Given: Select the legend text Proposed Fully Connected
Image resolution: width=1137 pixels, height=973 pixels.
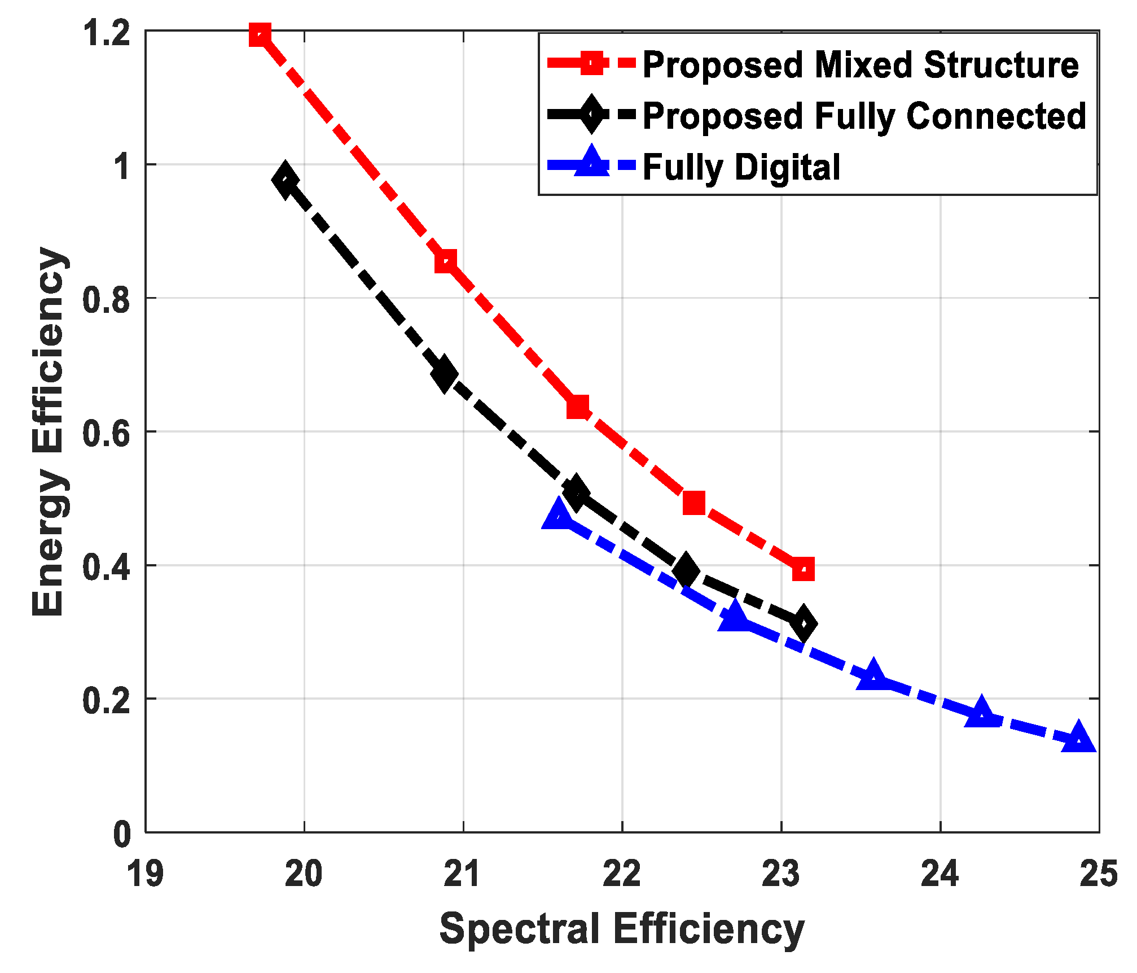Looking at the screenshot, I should click(864, 116).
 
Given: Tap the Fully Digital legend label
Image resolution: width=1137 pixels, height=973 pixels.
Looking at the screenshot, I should click(741, 167).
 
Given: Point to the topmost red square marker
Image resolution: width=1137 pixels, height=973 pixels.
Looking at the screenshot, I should click(260, 35).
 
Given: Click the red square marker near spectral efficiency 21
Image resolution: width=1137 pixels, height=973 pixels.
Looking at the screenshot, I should click(446, 261).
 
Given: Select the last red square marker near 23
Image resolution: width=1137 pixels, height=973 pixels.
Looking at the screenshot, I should click(803, 569).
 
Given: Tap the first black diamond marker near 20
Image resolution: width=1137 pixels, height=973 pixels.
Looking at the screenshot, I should click(286, 180).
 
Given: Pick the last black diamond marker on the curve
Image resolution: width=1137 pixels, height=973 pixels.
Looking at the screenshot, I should click(803, 623).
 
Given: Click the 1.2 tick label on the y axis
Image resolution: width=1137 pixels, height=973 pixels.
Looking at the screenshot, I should click(106, 33).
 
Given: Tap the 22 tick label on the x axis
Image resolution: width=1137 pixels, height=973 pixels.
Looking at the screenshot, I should click(622, 874).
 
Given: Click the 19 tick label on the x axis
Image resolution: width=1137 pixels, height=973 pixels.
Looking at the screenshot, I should click(145, 874).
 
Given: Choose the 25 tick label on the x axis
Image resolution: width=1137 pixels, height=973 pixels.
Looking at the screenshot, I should click(1098, 874).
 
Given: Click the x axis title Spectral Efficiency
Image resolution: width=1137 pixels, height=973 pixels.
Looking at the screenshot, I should click(622, 929).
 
